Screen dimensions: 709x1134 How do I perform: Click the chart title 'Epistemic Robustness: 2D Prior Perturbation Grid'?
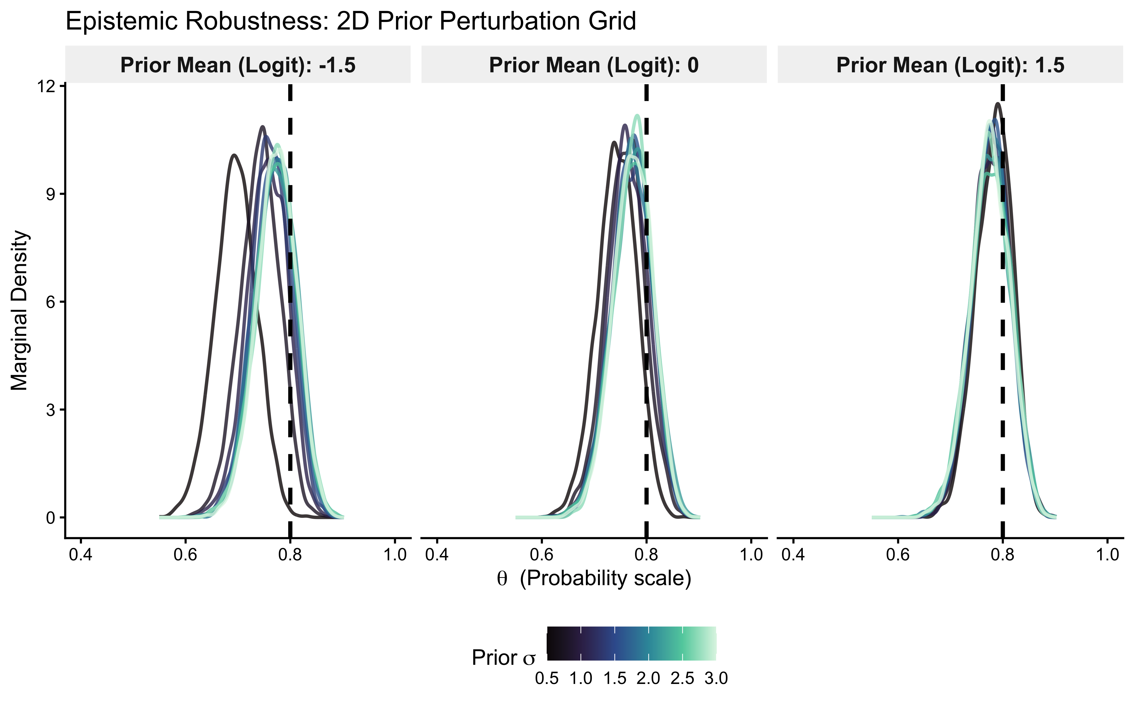tap(351, 22)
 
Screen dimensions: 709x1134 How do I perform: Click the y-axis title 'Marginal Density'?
tap(20, 310)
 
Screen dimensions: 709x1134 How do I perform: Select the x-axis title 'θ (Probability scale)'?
tap(594, 578)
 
